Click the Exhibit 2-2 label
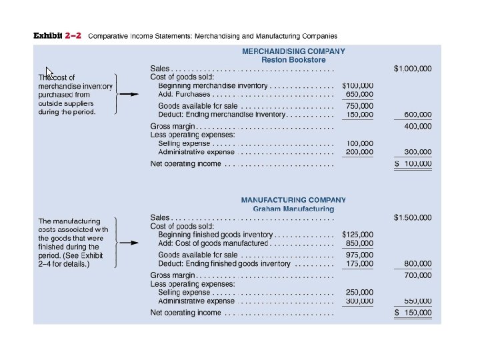57,36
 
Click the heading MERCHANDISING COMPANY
293,51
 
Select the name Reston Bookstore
293,60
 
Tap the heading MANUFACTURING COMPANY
293,200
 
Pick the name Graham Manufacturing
293,209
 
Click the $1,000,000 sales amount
413,69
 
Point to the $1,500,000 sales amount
413,217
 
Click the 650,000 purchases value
360,95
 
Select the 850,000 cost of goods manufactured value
360,243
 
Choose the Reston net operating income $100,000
413,163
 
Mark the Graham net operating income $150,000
413,313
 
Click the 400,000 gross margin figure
418,126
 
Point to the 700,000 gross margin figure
418,275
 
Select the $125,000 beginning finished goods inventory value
358,235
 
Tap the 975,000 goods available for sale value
360,255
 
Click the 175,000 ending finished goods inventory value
360,264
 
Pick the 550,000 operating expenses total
418,301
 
